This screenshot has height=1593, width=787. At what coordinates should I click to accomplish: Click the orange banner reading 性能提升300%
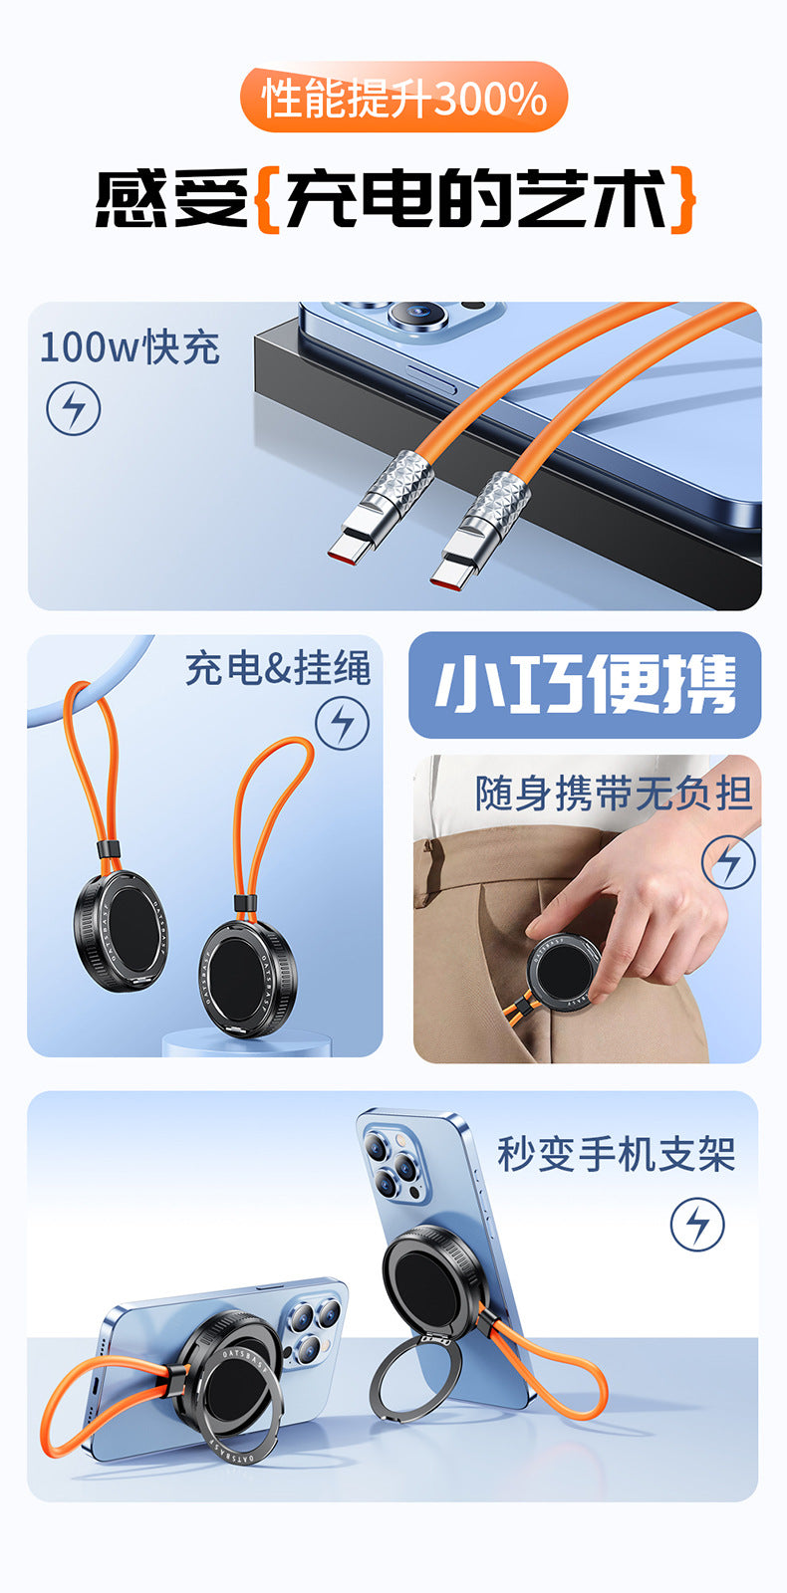(x=403, y=98)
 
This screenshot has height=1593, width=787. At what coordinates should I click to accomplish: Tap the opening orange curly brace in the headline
(x=267, y=199)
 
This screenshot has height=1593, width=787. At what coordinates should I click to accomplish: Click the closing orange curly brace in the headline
(x=681, y=199)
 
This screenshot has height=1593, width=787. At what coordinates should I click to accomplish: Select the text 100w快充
(x=131, y=347)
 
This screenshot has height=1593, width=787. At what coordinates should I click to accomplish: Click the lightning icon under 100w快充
(x=74, y=408)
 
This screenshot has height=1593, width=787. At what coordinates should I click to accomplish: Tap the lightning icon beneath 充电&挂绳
(x=343, y=723)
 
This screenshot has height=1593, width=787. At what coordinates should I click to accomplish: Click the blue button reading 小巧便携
(x=585, y=685)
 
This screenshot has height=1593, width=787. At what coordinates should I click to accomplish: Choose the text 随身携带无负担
(x=614, y=794)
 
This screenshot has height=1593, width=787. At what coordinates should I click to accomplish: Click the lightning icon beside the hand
(x=728, y=862)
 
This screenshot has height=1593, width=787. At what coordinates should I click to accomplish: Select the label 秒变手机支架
(x=617, y=1154)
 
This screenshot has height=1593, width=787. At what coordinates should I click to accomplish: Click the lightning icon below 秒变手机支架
(x=697, y=1225)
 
